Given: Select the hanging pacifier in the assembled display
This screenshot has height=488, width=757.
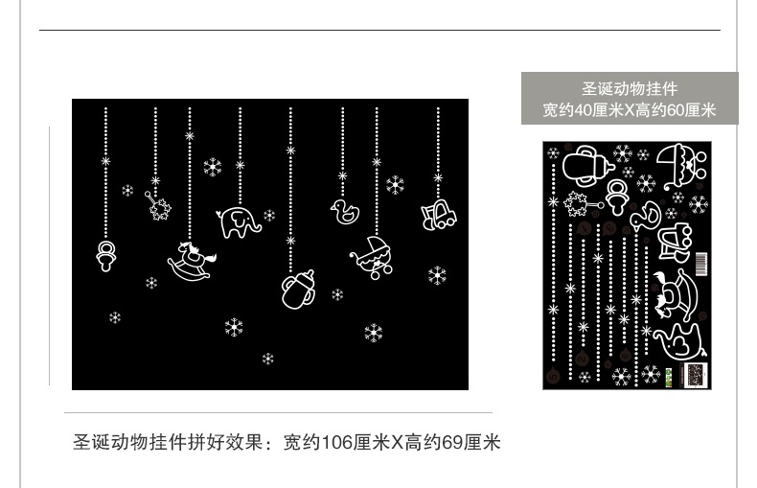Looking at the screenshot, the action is (105, 254).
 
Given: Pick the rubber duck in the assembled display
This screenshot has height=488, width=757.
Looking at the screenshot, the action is (343, 211).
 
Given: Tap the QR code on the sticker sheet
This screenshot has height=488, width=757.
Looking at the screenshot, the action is (696, 373).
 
